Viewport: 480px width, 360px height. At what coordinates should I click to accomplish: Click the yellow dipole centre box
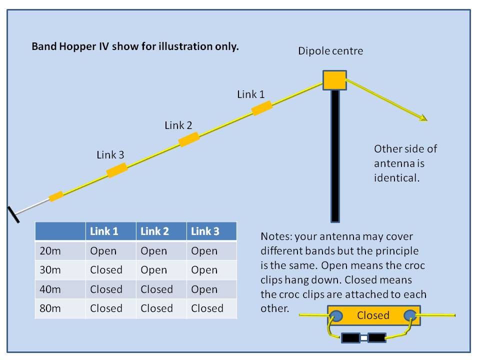[334, 79]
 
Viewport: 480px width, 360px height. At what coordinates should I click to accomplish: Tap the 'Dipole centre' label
[330, 51]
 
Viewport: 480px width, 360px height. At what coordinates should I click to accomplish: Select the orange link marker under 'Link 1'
[261, 108]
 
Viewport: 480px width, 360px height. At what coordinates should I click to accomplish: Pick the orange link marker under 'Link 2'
[189, 139]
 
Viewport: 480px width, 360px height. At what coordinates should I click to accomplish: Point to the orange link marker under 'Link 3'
[117, 170]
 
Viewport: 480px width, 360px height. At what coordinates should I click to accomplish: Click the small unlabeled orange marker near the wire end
[56, 196]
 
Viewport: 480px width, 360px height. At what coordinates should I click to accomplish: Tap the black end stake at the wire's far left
[13, 214]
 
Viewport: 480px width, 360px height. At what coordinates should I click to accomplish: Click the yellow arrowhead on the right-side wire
[423, 118]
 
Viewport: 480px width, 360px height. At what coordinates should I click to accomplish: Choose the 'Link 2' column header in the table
[154, 231]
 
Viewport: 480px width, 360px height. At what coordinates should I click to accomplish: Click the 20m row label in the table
[50, 251]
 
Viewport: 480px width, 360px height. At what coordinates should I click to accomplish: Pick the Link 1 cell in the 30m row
[106, 270]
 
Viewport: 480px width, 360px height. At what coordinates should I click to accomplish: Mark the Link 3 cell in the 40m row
[204, 289]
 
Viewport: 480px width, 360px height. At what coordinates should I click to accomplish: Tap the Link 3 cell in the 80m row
[207, 308]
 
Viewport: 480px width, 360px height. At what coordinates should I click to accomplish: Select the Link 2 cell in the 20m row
[154, 251]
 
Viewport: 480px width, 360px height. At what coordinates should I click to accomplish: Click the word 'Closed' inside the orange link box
[373, 315]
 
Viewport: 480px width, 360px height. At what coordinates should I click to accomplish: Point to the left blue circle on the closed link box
[336, 315]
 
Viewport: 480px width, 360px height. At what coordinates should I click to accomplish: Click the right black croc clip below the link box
[376, 338]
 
